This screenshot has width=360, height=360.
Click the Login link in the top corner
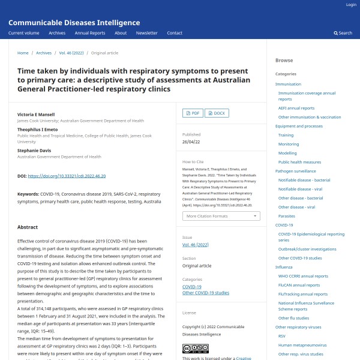(x=351, y=5)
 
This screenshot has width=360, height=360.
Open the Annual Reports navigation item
(x=89, y=33)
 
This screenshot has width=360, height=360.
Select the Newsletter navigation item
(x=146, y=33)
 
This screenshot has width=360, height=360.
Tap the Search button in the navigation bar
(x=343, y=33)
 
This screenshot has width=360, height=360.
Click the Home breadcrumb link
(x=23, y=53)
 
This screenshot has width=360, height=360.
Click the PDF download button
(x=192, y=113)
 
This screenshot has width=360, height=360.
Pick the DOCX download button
(x=217, y=113)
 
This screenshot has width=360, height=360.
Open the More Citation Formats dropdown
(x=221, y=216)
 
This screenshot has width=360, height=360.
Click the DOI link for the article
(x=67, y=176)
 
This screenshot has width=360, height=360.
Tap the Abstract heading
(x=28, y=227)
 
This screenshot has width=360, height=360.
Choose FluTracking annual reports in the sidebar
(x=302, y=294)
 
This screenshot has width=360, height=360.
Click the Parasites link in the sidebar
(x=286, y=216)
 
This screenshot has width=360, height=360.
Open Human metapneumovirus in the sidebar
(x=302, y=344)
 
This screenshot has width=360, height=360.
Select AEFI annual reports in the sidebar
(x=296, y=108)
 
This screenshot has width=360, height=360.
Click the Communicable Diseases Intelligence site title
(x=74, y=23)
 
